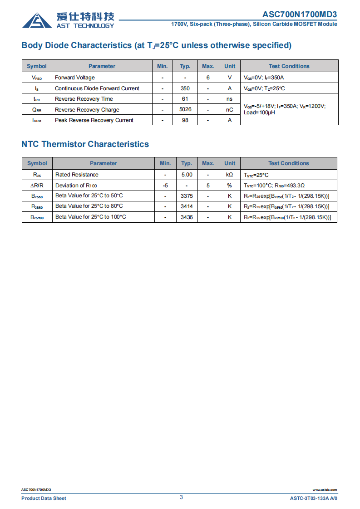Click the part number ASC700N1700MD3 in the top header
300,14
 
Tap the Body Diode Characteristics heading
156,45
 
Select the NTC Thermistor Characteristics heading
85,144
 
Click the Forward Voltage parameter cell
75,78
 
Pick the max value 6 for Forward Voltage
208,78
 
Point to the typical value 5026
185,109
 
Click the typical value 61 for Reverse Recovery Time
185,99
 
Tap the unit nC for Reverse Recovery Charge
230,109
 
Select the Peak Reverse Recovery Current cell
94,120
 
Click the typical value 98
185,120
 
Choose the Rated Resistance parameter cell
77,175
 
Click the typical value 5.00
187,175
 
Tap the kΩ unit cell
230,175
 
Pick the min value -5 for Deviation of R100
165,186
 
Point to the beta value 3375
187,196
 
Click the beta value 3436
187,217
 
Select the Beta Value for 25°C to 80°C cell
89,206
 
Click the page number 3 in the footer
181,497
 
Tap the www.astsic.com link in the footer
325,490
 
